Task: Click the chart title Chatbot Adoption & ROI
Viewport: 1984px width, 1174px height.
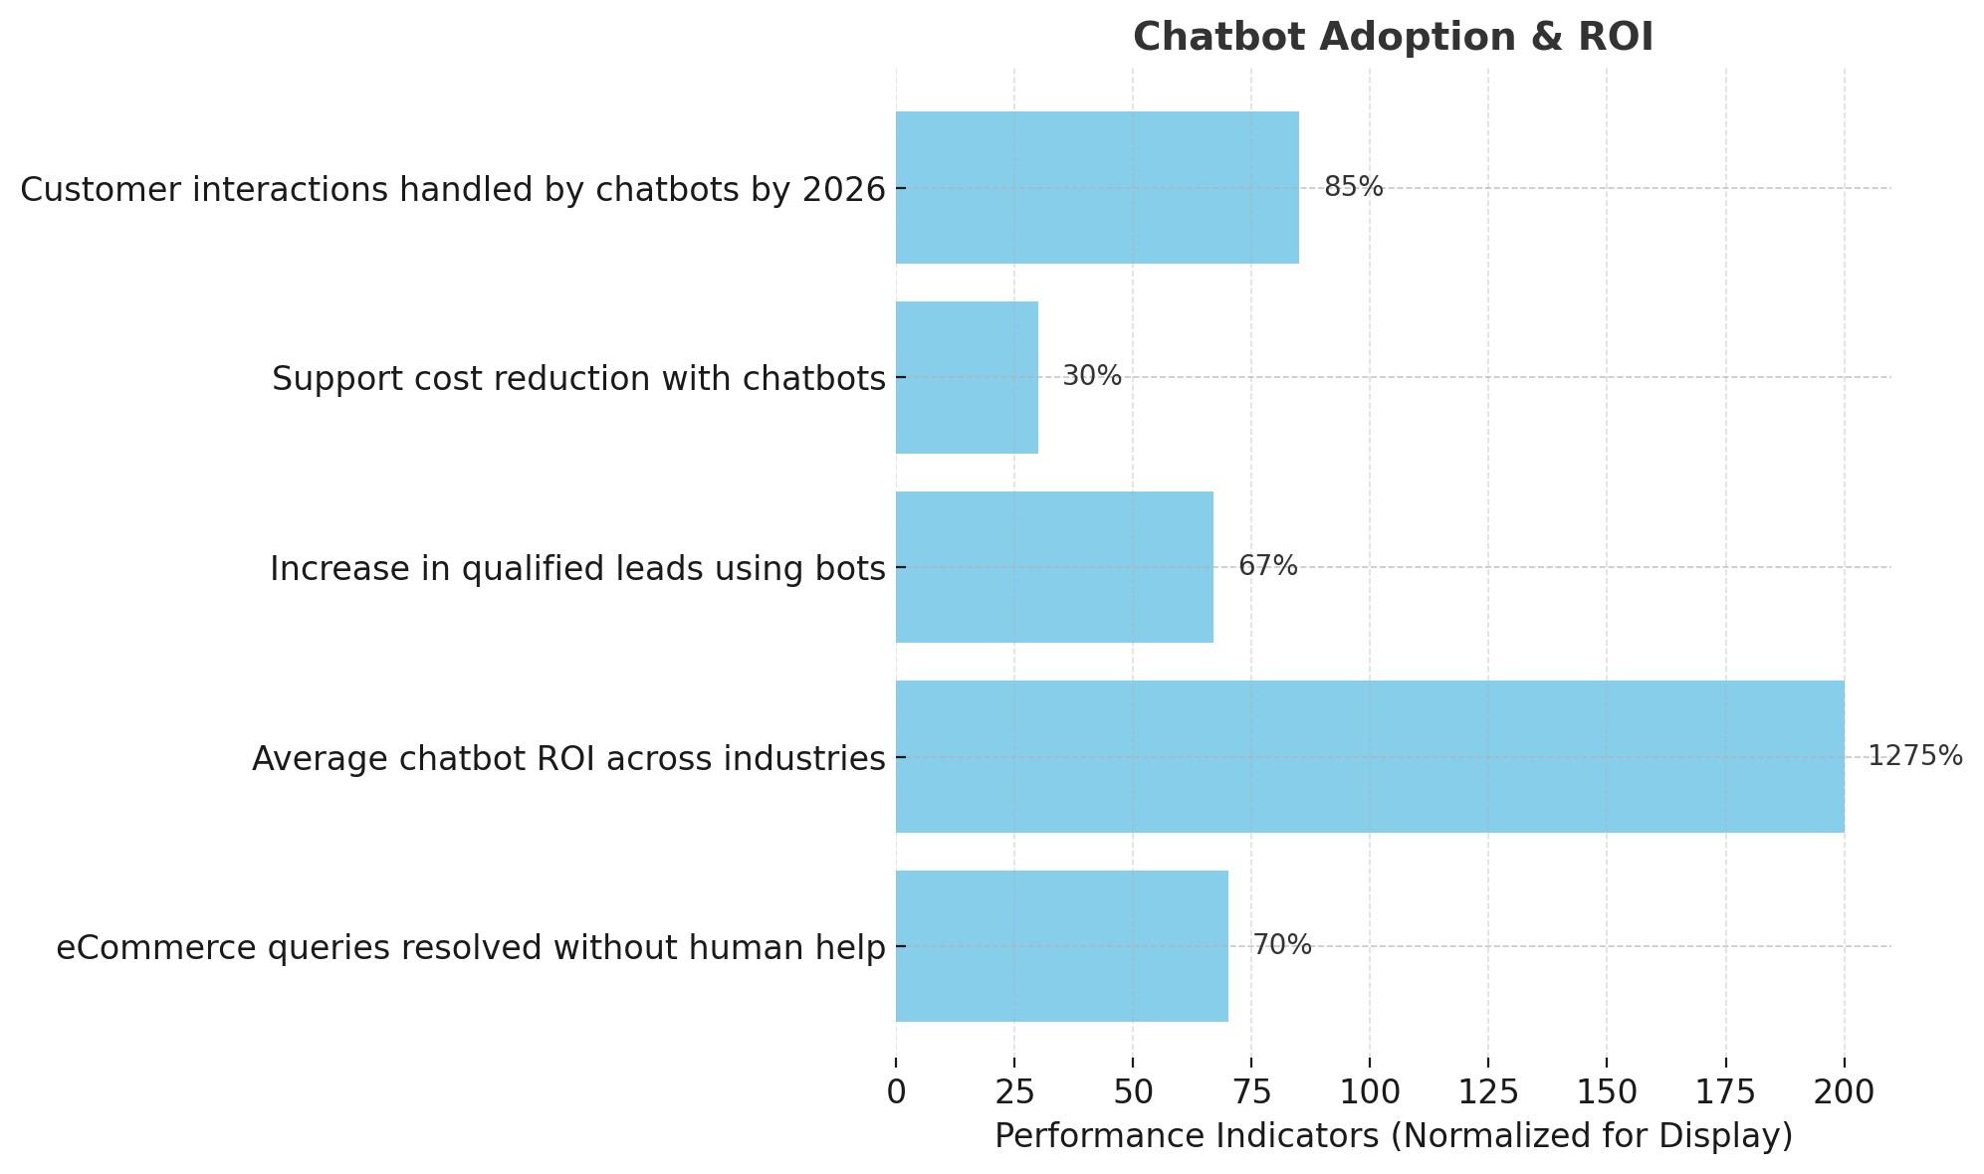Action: coord(1393,38)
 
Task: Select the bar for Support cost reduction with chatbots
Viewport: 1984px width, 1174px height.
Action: coord(967,377)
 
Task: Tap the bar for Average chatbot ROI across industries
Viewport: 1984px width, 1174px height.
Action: coord(1369,756)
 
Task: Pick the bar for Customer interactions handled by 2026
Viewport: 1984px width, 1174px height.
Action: coord(1097,187)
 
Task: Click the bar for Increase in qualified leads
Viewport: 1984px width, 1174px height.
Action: coord(1054,567)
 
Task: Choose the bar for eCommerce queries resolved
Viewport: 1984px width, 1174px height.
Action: coord(1061,945)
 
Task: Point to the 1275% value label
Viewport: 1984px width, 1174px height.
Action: coord(1914,756)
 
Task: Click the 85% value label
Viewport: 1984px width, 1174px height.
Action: coord(1353,187)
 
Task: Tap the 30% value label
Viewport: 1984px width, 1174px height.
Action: coord(1091,376)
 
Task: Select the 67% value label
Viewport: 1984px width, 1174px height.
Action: coord(1267,566)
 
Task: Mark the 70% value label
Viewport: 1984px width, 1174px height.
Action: coord(1281,945)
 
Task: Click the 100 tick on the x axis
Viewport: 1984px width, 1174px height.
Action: coord(1369,1091)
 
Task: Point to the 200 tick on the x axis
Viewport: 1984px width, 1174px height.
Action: coord(1844,1091)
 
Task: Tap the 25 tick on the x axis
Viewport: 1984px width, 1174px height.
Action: coord(1014,1091)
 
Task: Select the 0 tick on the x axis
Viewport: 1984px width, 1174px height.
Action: coord(896,1091)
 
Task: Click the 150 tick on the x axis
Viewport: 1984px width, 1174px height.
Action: coord(1606,1091)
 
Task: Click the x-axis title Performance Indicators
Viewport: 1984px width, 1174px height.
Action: coord(1393,1136)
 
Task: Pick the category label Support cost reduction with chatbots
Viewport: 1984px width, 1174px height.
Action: coord(578,379)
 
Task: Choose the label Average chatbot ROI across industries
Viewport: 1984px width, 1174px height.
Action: coord(568,759)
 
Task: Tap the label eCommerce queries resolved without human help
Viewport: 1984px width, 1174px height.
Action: coord(470,948)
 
